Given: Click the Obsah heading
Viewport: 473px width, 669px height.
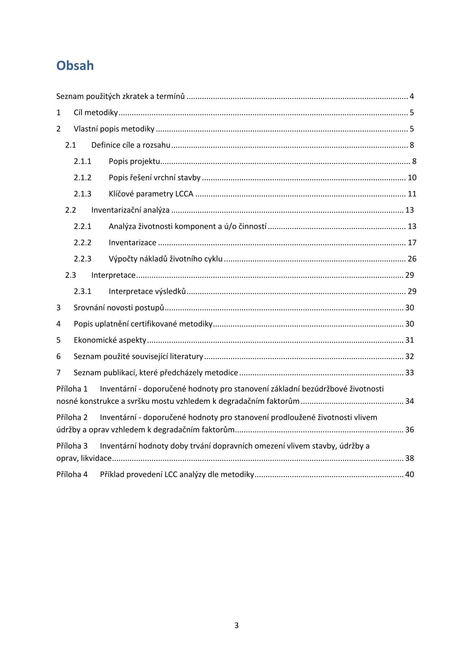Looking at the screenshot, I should (x=75, y=66).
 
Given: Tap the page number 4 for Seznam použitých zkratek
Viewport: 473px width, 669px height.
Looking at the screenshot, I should (x=412, y=96).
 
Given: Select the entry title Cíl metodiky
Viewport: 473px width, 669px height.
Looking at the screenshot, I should (x=96, y=112).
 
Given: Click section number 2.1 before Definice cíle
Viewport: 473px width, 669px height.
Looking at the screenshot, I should (x=71, y=145).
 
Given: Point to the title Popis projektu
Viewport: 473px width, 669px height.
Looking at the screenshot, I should (x=134, y=161).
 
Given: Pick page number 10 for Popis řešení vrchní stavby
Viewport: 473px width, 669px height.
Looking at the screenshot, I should (x=412, y=178).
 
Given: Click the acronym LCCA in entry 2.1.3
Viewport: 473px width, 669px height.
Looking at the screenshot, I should (x=184, y=194).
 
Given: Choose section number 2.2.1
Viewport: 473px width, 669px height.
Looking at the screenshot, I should (x=82, y=227).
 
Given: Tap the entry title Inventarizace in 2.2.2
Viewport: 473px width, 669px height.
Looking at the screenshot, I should (x=132, y=243).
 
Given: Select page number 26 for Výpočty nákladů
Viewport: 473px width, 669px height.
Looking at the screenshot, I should (x=412, y=259).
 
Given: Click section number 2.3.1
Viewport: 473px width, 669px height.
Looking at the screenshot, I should (x=82, y=291).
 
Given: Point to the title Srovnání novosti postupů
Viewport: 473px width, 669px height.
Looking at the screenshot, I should (x=119, y=308).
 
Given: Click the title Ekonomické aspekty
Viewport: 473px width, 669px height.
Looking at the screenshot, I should (x=110, y=340).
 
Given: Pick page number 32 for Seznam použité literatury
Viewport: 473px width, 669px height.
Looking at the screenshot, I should (x=409, y=357).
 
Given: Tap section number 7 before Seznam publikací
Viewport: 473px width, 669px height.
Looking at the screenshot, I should (x=58, y=373).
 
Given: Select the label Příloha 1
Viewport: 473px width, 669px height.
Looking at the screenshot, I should (x=72, y=389).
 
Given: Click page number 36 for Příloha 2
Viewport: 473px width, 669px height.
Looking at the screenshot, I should (x=409, y=430).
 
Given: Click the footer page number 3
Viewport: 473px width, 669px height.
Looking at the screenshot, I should (x=236, y=626).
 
